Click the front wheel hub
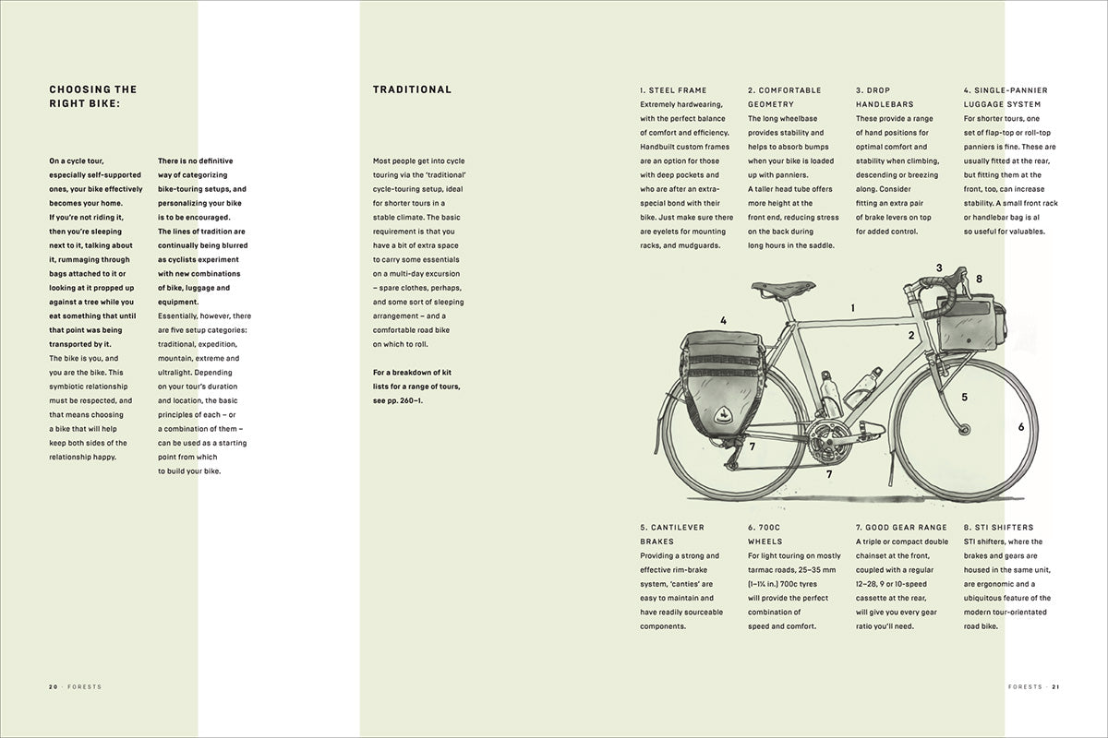[x=966, y=431]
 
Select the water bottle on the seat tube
[x=830, y=394]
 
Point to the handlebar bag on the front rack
[x=969, y=319]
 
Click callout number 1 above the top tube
[x=853, y=308]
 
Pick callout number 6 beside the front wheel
[x=1021, y=427]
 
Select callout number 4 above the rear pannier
[x=723, y=321]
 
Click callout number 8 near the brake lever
[x=979, y=279]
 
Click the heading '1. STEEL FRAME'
[x=673, y=90]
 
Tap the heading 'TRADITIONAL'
[x=412, y=90]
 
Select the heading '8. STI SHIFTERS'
[x=999, y=528]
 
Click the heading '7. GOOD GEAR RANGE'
[x=901, y=528]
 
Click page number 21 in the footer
[x=1054, y=687]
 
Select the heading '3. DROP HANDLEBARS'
[x=885, y=98]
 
